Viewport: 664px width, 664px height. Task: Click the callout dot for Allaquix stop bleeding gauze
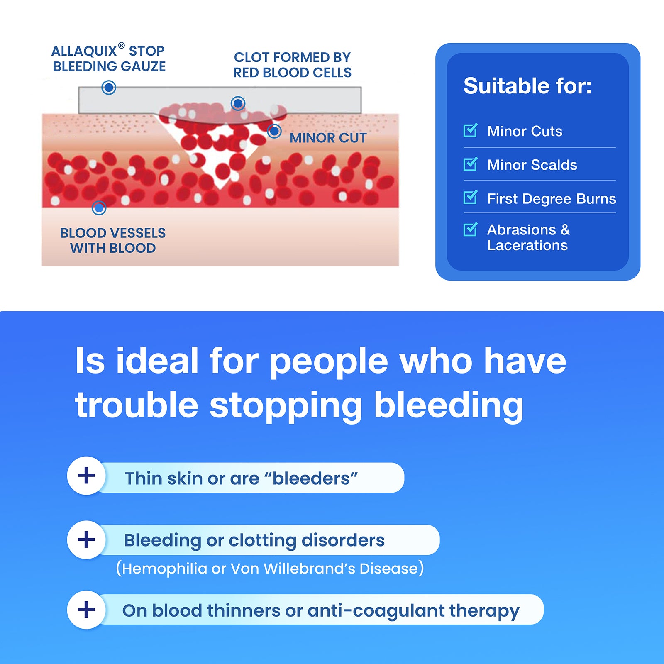[x=109, y=88]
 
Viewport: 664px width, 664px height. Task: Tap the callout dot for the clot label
[x=238, y=103]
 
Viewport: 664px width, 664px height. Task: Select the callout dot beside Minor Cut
[x=274, y=131]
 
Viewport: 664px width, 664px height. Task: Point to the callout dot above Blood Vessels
[x=99, y=207]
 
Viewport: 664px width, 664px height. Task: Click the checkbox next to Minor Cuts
[x=470, y=130]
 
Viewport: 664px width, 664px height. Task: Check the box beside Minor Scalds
[x=470, y=164]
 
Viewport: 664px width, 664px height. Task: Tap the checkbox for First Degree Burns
[x=470, y=197]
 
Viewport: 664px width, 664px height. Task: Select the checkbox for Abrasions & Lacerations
[x=470, y=229]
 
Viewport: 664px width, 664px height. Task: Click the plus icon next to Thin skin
[x=86, y=476]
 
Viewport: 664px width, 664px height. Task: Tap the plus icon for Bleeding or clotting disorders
[x=86, y=540]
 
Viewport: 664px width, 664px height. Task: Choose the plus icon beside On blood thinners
[x=86, y=610]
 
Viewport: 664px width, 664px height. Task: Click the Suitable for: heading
[x=527, y=86]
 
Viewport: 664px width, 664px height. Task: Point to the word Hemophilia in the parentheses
[x=164, y=569]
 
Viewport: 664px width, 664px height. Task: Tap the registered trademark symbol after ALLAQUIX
[x=121, y=45]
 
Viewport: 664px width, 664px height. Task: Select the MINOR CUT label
[x=328, y=138]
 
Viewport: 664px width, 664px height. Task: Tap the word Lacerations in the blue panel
[x=527, y=245]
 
